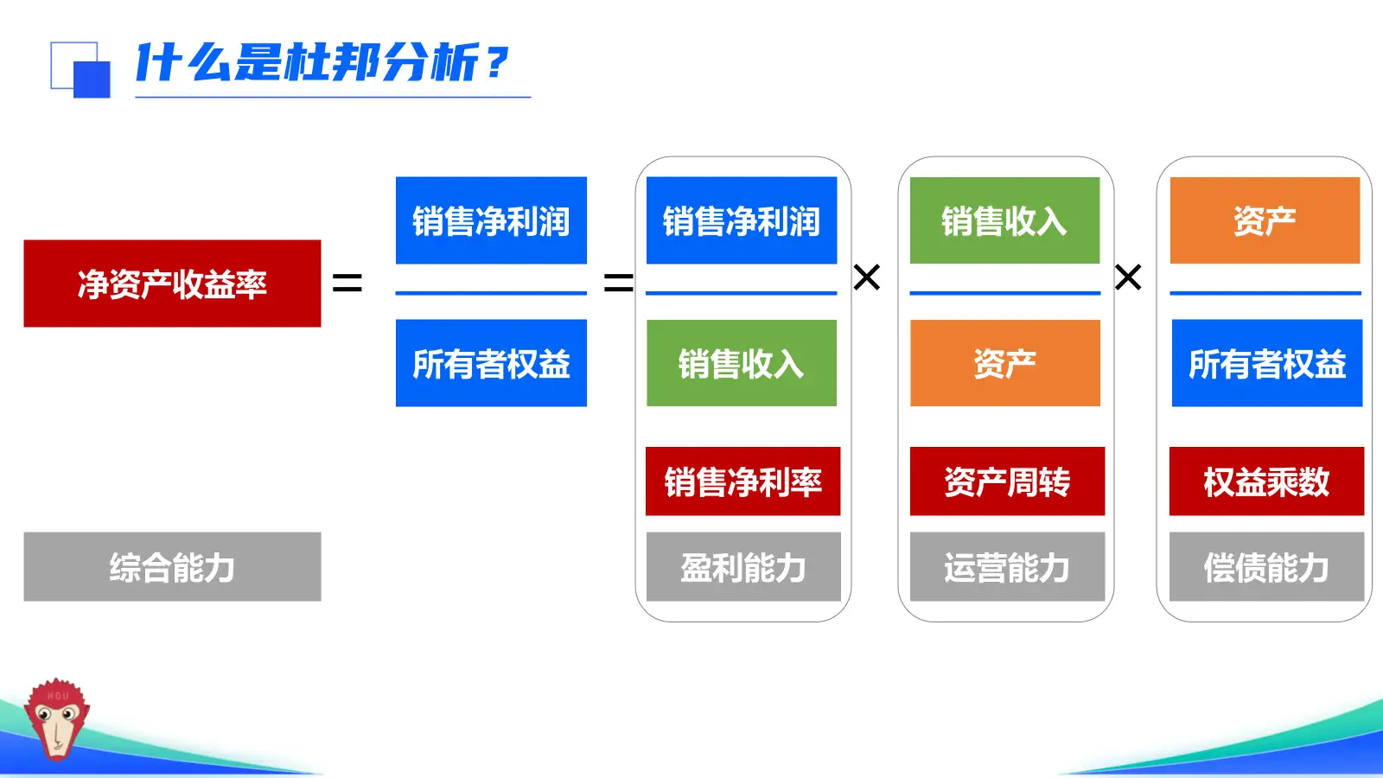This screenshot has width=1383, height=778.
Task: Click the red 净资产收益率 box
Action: pos(172,284)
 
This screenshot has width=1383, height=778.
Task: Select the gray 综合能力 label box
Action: pos(172,566)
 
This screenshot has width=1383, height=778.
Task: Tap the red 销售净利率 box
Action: pos(742,481)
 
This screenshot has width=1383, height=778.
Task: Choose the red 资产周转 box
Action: pos(1007,481)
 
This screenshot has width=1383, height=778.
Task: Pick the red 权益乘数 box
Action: pos(1266,481)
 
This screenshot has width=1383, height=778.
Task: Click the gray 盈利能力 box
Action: pos(742,566)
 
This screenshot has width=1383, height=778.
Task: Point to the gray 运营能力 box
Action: pos(1007,566)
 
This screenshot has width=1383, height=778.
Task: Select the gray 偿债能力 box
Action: pos(1266,566)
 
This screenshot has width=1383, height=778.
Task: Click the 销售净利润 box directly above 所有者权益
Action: pos(491,220)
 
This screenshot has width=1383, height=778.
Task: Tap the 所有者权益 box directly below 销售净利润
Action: pos(491,363)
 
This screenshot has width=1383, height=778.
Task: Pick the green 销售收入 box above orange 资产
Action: pos(1004,220)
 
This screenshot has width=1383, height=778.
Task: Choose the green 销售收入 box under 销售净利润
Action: pos(742,363)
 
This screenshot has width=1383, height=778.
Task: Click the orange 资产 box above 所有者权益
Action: pos(1265,220)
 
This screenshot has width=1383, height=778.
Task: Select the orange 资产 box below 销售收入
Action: pos(1004,363)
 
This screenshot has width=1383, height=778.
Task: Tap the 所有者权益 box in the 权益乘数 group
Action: pos(1266,363)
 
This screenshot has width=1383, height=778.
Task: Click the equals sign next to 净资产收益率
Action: pos(347,283)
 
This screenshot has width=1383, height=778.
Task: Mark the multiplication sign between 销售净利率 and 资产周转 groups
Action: pos(866,277)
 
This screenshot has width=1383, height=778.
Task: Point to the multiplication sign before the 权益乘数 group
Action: pos(1128,277)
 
